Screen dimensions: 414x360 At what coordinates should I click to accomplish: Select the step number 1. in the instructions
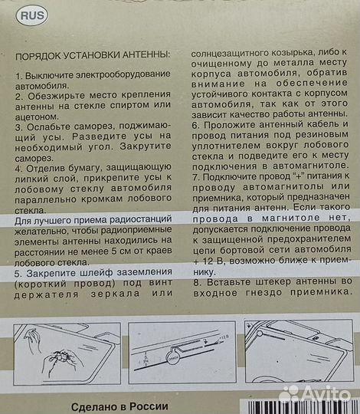pos(18,77)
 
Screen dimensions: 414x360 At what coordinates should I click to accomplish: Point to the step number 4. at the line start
pos(18,168)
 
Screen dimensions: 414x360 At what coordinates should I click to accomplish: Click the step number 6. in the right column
pos(195,124)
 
